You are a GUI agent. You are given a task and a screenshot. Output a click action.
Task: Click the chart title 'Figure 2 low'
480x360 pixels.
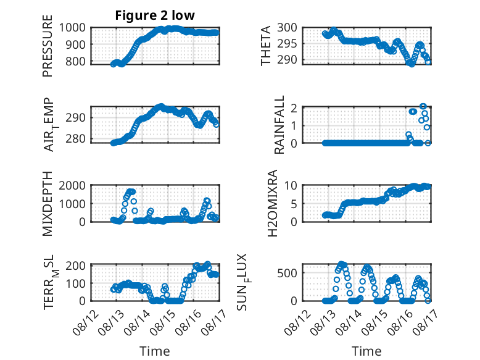pyautogui.click(x=155, y=15)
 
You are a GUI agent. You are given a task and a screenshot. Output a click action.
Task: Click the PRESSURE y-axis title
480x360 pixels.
pyautogui.click(x=48, y=46)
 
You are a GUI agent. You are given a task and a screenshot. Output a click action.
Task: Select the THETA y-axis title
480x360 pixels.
pyautogui.click(x=266, y=46)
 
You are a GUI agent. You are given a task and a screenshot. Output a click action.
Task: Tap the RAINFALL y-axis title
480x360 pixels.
pyautogui.click(x=279, y=125)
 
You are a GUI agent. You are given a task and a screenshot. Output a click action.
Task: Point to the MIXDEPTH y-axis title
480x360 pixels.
pyautogui.click(x=48, y=204)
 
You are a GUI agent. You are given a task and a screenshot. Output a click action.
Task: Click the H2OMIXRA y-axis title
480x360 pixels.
pyautogui.click(x=272, y=203)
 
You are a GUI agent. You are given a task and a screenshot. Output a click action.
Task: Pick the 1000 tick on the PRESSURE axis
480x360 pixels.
pyautogui.click(x=72, y=28)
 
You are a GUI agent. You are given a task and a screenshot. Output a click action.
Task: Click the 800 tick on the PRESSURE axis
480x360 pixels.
pyautogui.click(x=76, y=61)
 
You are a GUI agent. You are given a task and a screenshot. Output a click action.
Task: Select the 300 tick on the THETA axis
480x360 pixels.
pyautogui.click(x=288, y=28)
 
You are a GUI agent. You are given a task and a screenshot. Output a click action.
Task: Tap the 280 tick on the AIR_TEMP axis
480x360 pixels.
pyautogui.click(x=76, y=139)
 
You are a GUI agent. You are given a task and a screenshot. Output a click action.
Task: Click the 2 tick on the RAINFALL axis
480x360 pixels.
pyautogui.click(x=294, y=108)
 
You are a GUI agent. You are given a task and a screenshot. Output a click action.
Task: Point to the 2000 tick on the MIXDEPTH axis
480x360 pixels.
pyautogui.click(x=72, y=185)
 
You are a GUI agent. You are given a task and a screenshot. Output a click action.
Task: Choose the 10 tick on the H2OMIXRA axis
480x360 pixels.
pyautogui.click(x=291, y=185)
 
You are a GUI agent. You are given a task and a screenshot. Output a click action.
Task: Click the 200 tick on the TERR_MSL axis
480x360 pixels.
pyautogui.click(x=76, y=266)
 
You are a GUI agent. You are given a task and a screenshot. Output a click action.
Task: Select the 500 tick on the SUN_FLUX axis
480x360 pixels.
pyautogui.click(x=288, y=273)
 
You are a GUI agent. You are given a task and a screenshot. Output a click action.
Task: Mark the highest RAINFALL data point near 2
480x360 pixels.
pyautogui.click(x=423, y=106)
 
